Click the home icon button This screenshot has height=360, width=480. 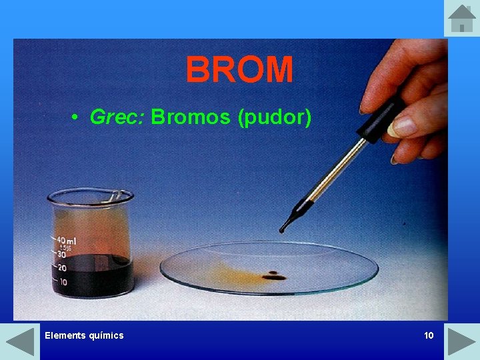[461, 18]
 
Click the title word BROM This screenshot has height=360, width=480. [239, 69]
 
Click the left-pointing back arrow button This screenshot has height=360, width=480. [19, 341]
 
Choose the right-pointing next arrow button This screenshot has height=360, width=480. [461, 341]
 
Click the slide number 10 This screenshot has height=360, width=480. [429, 335]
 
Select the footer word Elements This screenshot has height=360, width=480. [65, 335]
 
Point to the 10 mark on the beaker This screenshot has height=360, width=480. [63, 282]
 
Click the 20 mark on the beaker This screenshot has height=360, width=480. [63, 268]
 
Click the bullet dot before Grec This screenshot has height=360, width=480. [77, 119]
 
